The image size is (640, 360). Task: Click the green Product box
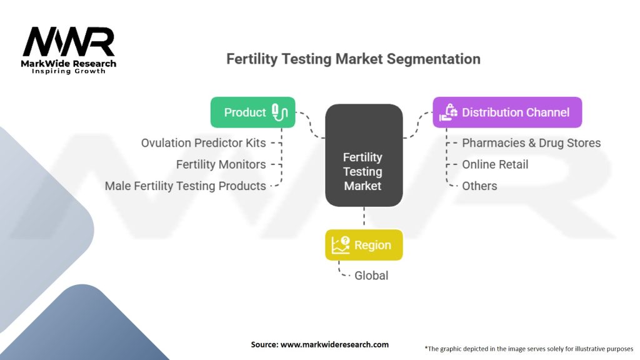pyautogui.click(x=252, y=112)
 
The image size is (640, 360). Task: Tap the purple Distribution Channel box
pyautogui.click(x=507, y=112)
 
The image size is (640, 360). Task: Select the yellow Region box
pyautogui.click(x=364, y=245)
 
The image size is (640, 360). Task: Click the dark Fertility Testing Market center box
pyautogui.click(x=364, y=155)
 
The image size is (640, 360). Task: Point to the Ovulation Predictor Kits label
pyautogui.click(x=203, y=143)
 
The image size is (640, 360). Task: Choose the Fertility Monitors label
pyautogui.click(x=221, y=164)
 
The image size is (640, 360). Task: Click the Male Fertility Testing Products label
pyautogui.click(x=185, y=186)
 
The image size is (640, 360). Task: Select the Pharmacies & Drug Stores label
pyautogui.click(x=531, y=143)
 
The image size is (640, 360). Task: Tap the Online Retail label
pyautogui.click(x=495, y=164)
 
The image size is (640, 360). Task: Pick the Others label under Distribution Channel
pyautogui.click(x=479, y=186)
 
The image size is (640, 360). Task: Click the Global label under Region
pyautogui.click(x=371, y=276)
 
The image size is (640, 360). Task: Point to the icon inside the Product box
pyautogui.click(x=279, y=112)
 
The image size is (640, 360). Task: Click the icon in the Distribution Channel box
pyautogui.click(x=448, y=112)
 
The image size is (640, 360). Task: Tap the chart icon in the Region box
pyautogui.click(x=341, y=245)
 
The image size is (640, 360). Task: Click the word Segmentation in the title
pyautogui.click(x=434, y=59)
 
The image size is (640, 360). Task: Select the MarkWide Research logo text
pyautogui.click(x=68, y=64)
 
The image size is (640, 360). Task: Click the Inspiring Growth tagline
pyautogui.click(x=69, y=71)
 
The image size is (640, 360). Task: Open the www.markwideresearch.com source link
pyautogui.click(x=334, y=344)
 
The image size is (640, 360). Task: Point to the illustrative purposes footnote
pyautogui.click(x=529, y=349)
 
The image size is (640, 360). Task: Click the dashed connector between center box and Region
pyautogui.click(x=364, y=216)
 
